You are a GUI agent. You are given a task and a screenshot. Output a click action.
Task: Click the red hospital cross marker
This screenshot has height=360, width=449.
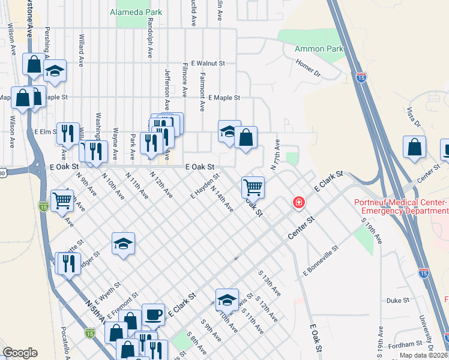pos(298,203)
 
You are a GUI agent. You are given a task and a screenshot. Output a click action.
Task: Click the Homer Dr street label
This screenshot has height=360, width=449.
pos(308,67)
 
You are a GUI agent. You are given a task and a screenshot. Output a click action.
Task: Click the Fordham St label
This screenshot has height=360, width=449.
pos(405,344)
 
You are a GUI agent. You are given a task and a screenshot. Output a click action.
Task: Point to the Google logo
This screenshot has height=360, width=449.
pos(20,353)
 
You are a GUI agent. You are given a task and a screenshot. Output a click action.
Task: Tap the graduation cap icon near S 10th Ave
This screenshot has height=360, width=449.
pos(228,299)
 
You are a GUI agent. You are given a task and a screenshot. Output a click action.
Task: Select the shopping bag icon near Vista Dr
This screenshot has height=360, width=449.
pos(414,147)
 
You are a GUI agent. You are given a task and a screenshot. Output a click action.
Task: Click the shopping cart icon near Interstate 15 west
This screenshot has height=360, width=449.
pos(62,201)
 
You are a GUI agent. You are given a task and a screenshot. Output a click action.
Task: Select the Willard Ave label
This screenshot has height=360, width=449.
pos(81,50)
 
